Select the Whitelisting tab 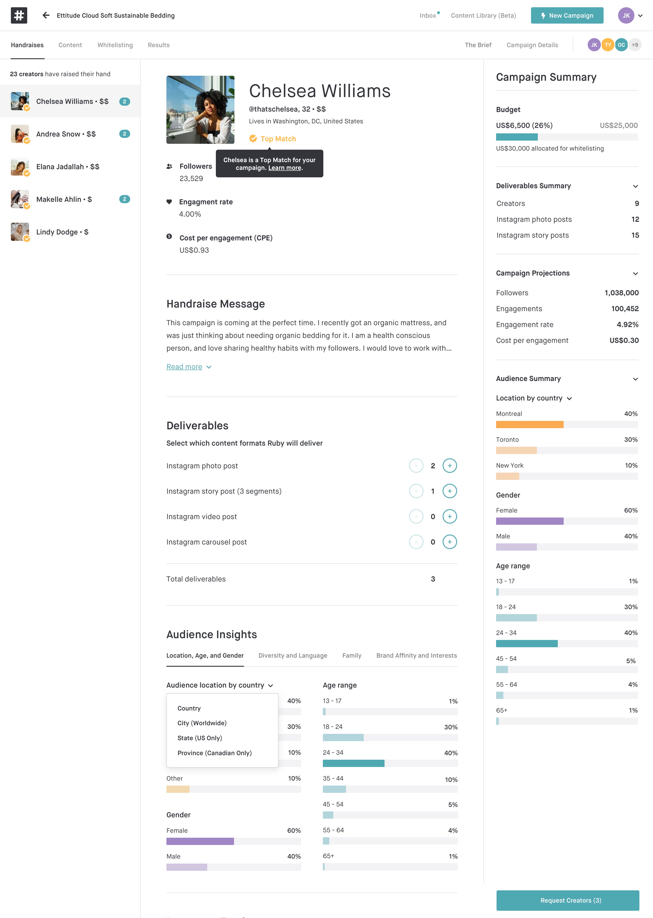115,45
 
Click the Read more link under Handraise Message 184,367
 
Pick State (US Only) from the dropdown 200,738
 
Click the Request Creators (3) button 567,900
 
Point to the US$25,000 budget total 618,125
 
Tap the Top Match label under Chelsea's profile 278,139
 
